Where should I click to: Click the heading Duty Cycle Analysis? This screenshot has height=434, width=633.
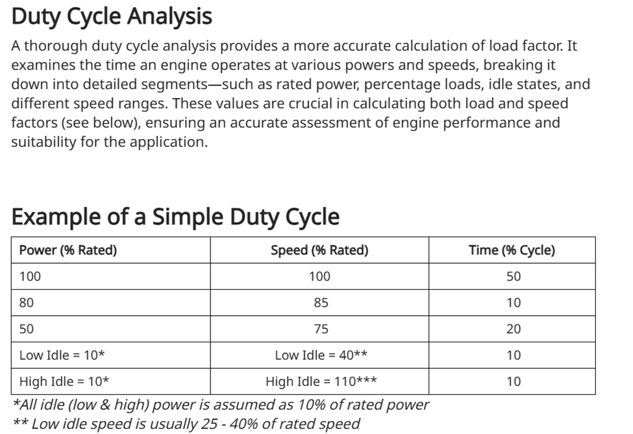coord(112,16)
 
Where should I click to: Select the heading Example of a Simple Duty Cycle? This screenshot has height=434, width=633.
coord(175,216)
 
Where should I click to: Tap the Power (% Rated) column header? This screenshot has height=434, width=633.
coord(68,250)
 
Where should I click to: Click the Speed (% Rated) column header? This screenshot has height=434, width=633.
coord(319,250)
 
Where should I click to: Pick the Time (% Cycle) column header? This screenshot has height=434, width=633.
coord(512,250)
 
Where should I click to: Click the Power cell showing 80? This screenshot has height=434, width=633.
coord(27,303)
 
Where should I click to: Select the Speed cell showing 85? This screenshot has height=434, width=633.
coord(320,303)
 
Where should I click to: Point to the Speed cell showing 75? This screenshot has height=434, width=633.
coord(320,329)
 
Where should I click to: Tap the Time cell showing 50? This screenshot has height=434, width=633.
coord(513,276)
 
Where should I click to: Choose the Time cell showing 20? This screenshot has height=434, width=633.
coord(513,329)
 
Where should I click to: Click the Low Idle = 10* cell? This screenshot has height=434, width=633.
coord(62,355)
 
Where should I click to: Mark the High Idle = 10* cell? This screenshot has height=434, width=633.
coord(64,382)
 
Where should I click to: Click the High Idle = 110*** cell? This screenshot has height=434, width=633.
coord(321,382)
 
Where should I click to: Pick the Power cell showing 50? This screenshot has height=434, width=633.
coord(27,329)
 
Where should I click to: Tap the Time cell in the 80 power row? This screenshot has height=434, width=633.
coord(513,303)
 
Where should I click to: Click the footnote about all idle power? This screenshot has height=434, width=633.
coord(221,405)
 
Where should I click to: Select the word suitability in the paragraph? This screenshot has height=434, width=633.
coord(42,142)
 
